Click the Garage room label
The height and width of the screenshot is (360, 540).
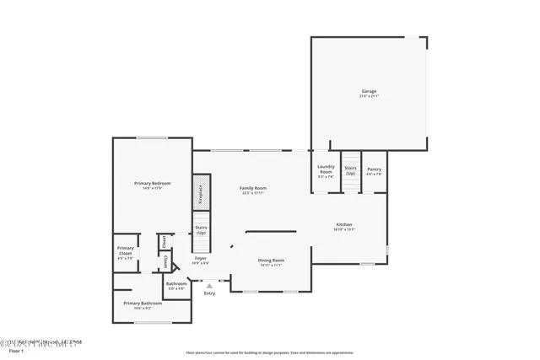[x=369, y=91]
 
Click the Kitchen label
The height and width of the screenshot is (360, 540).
[x=343, y=224]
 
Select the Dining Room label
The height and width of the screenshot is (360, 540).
[x=271, y=261]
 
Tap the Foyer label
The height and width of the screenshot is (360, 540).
[x=201, y=258]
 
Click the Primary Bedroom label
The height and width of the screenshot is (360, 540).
[x=152, y=183]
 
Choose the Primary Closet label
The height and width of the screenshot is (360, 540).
[x=125, y=250]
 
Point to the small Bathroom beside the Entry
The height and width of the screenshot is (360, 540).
[x=176, y=284]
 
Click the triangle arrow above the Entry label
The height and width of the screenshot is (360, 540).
[x=209, y=286]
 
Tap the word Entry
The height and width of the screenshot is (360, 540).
[x=209, y=293]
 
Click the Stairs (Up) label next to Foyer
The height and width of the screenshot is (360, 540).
[x=201, y=229]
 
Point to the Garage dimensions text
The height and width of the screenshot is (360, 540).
[x=369, y=96]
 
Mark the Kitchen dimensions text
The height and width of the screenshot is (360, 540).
[x=343, y=229]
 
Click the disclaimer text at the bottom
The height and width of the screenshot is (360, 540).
[x=269, y=352]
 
